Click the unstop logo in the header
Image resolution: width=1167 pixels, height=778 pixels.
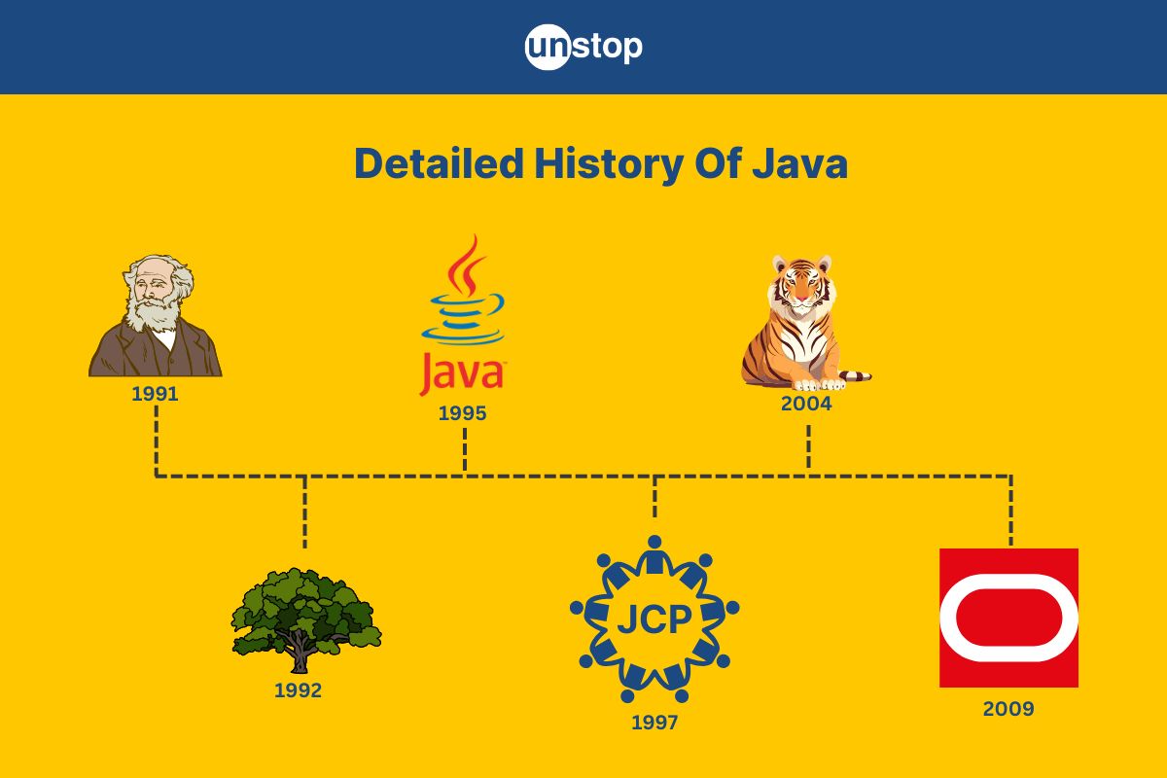click(x=583, y=47)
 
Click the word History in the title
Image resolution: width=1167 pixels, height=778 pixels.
click(x=609, y=164)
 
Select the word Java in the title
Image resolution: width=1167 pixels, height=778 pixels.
click(x=799, y=164)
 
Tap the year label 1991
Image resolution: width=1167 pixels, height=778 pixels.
click(x=155, y=394)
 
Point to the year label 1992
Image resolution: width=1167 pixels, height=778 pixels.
click(x=298, y=690)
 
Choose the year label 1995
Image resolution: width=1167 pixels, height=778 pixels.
click(x=463, y=413)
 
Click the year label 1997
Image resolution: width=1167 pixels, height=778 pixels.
click(x=654, y=723)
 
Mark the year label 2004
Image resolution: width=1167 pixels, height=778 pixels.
click(x=806, y=404)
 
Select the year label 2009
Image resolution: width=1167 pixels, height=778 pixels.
click(x=1008, y=709)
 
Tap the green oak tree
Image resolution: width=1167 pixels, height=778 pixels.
click(x=306, y=620)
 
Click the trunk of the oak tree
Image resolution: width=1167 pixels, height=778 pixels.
click(x=300, y=654)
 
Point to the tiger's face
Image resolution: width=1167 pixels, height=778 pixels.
click(x=802, y=287)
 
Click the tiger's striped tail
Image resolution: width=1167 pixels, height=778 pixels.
click(x=855, y=375)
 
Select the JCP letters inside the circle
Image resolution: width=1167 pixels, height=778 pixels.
click(x=654, y=619)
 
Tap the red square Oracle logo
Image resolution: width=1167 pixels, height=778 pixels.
click(x=1009, y=618)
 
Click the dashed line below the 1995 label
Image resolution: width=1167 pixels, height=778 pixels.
click(x=465, y=449)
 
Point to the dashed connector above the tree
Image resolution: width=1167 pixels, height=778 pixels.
click(x=304, y=512)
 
